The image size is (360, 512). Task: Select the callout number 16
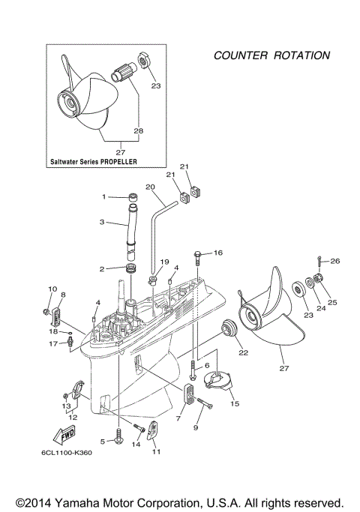[x=219, y=253]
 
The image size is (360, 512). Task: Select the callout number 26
[x=335, y=261]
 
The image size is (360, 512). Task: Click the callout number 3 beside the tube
[x=101, y=223]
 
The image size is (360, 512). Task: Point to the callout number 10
[x=52, y=289]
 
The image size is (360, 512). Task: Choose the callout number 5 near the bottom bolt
[x=102, y=441]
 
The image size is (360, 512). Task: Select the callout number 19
[x=164, y=262]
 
